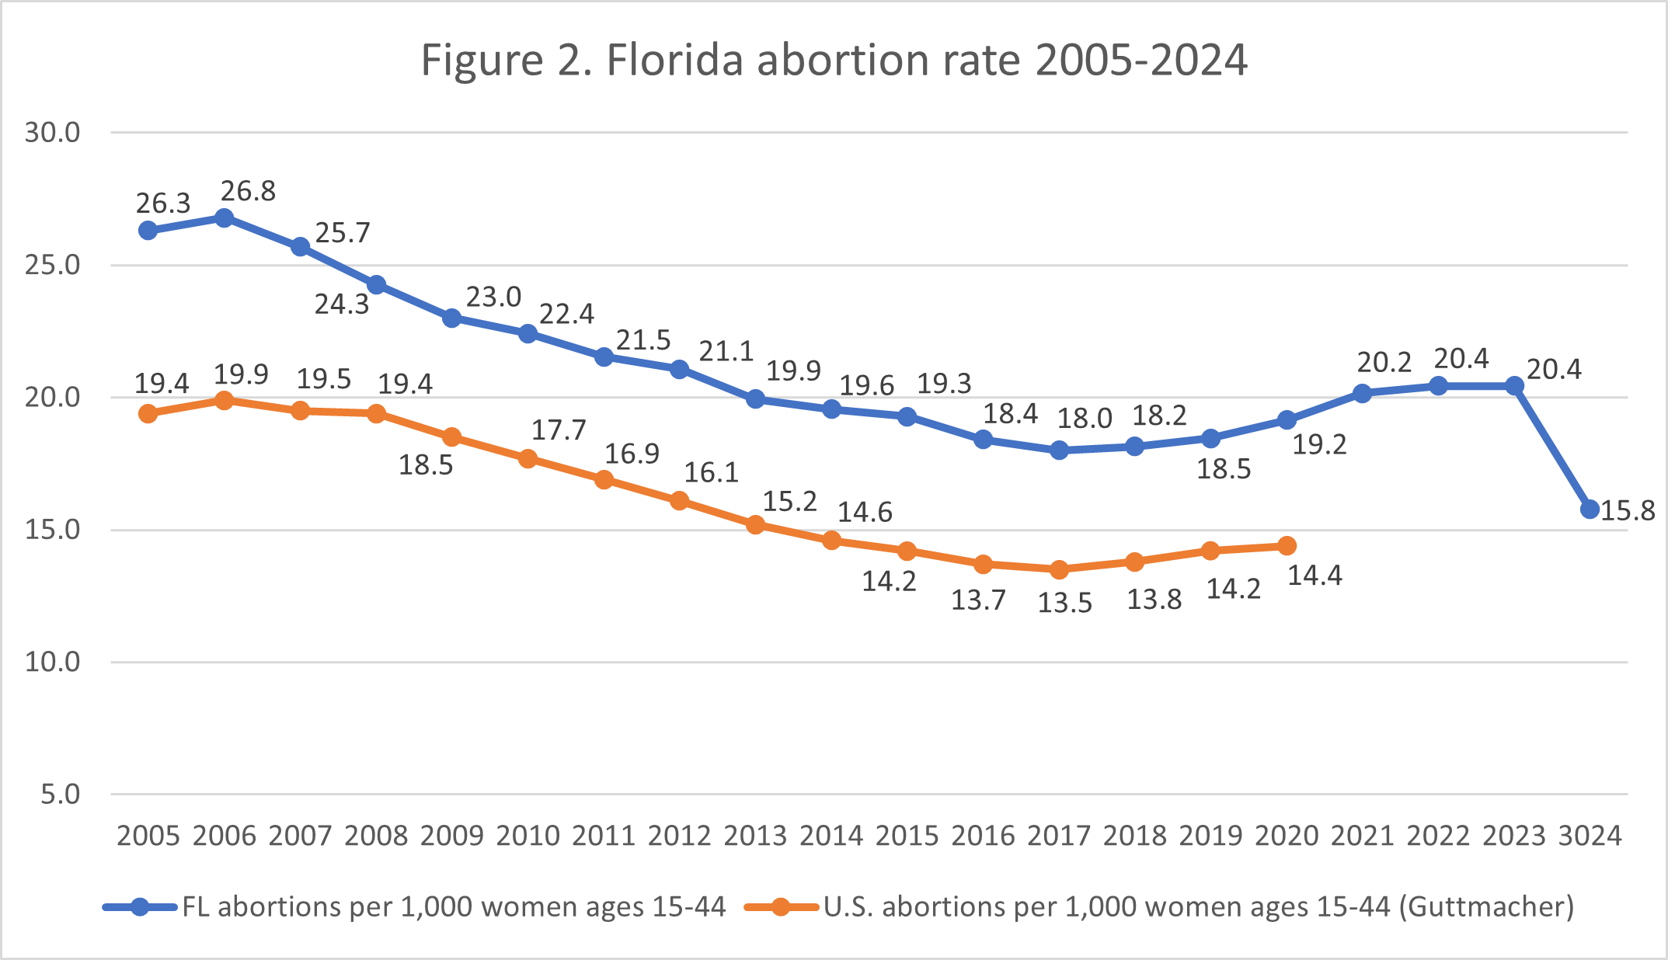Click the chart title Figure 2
pyautogui.click(x=834, y=61)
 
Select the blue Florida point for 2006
pyautogui.click(x=225, y=217)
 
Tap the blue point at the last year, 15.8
pyautogui.click(x=1590, y=510)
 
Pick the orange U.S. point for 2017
pyautogui.click(x=1059, y=570)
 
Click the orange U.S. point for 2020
pyautogui.click(x=1287, y=546)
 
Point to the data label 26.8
pyautogui.click(x=248, y=191)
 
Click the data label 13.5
pyautogui.click(x=1064, y=603)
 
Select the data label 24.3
pyautogui.click(x=341, y=304)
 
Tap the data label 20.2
pyautogui.click(x=1384, y=362)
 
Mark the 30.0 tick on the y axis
pyautogui.click(x=52, y=133)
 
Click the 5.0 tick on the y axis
pyautogui.click(x=61, y=795)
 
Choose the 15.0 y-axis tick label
pyautogui.click(x=52, y=530)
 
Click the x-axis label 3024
pyautogui.click(x=1590, y=836)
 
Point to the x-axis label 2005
pyautogui.click(x=148, y=836)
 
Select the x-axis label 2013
pyautogui.click(x=755, y=836)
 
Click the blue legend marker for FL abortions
pyautogui.click(x=140, y=907)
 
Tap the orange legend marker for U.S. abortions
pyautogui.click(x=781, y=907)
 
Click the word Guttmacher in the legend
pyautogui.click(x=1486, y=907)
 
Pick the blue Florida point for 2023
pyautogui.click(x=1514, y=385)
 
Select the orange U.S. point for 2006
pyautogui.click(x=225, y=401)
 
